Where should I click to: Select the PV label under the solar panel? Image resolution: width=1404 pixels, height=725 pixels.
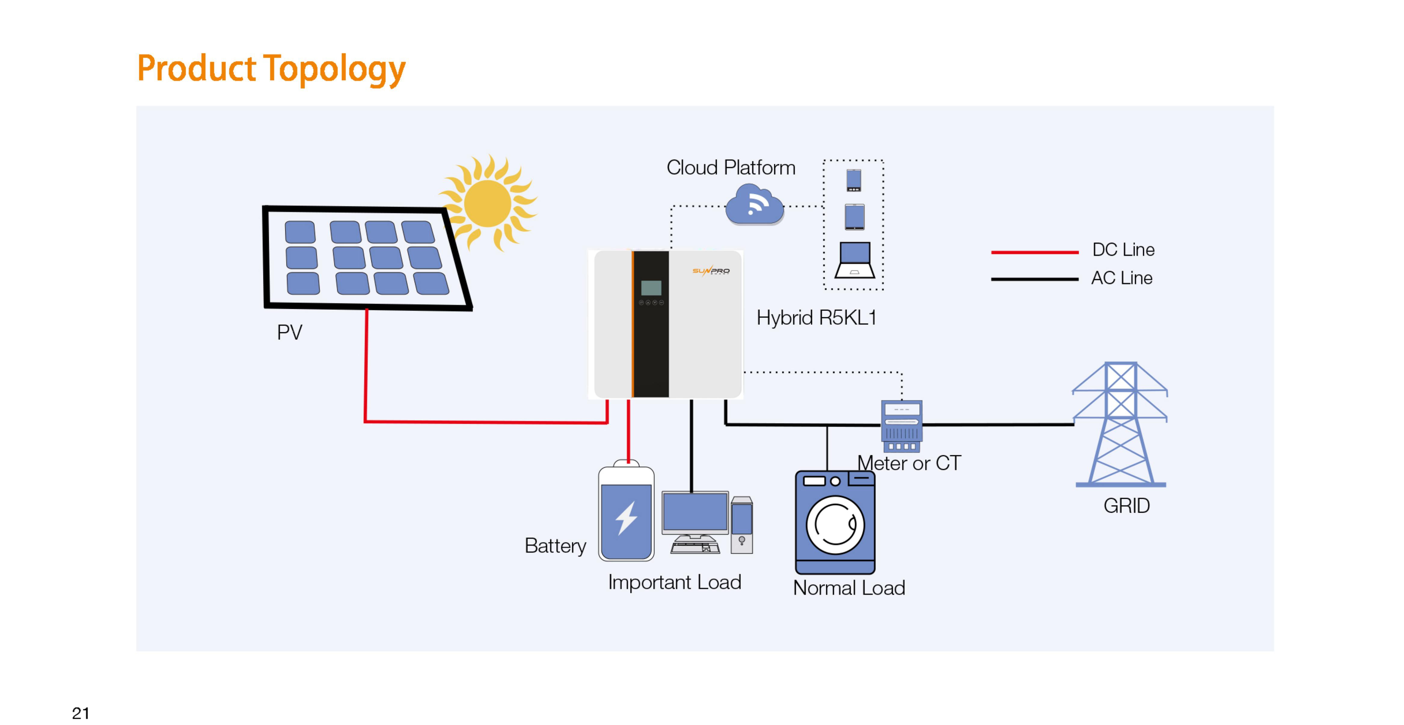[290, 332]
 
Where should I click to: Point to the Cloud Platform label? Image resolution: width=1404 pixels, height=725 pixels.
[731, 167]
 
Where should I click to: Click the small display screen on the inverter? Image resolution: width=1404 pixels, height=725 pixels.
[651, 288]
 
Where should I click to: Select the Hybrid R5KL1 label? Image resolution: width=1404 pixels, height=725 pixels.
[816, 317]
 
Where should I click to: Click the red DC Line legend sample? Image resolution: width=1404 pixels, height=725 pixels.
[1035, 252]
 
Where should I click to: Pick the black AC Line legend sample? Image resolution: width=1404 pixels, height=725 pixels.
[1035, 279]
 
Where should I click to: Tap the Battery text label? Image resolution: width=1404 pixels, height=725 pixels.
[555, 546]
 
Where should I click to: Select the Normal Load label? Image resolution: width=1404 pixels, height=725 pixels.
[849, 588]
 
